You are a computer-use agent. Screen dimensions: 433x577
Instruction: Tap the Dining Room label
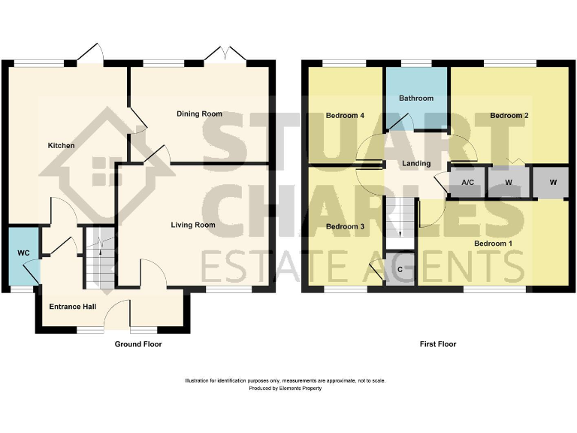tap(199, 114)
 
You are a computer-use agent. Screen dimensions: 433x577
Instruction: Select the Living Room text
tap(193, 225)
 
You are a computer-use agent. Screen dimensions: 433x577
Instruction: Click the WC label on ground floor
tap(23, 253)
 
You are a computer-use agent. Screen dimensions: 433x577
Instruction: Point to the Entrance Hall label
tap(72, 307)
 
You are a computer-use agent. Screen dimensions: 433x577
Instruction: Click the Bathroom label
tap(416, 98)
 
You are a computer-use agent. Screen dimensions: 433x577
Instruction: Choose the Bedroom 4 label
tap(345, 116)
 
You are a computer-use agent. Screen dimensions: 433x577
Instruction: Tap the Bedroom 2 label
tap(510, 116)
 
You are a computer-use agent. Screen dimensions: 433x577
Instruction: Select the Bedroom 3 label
tap(345, 226)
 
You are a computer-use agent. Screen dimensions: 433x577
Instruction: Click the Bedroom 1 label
tap(493, 244)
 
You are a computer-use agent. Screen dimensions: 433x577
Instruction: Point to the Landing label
tap(416, 163)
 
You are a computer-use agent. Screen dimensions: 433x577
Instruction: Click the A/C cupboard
tap(467, 183)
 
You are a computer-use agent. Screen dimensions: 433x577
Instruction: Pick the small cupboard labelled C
tap(400, 269)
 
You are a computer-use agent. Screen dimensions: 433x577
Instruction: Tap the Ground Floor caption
tap(137, 344)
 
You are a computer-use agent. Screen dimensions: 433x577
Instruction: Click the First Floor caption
tap(438, 344)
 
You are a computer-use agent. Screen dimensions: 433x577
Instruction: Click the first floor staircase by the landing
tap(400, 218)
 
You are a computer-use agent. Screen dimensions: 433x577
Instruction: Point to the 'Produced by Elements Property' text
tap(285, 389)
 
